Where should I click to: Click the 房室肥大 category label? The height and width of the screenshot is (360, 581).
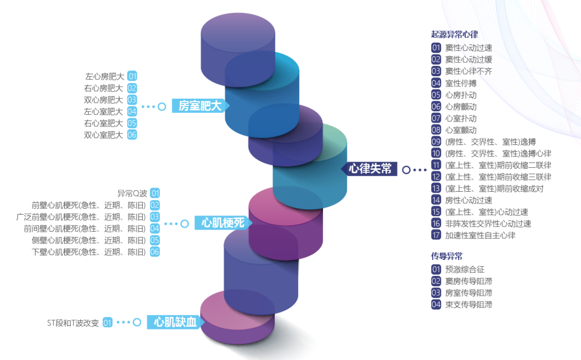coord(200,106)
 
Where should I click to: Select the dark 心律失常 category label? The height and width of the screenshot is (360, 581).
coord(369,169)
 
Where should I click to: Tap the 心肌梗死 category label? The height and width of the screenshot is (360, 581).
coord(223,222)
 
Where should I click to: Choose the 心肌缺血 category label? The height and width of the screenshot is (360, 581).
coord(175,322)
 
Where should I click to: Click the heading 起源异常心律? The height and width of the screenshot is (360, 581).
coord(455,34)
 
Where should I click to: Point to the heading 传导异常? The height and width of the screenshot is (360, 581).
coord(447,256)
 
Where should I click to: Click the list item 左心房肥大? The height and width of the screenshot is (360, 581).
coord(105,77)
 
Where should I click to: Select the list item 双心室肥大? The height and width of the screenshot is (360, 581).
coord(103,135)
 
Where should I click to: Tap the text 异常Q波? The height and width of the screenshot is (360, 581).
coord(132,194)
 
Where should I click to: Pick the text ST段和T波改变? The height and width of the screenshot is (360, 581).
coord(73,323)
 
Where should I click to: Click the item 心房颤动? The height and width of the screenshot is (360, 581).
coord(461,107)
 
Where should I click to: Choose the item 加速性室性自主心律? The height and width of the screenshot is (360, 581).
coord(480,235)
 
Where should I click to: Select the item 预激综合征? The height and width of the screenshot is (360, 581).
coord(465,270)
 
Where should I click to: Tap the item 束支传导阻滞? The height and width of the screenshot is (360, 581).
coord(469,305)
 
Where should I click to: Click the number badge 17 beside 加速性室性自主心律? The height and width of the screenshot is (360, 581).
coord(436,235)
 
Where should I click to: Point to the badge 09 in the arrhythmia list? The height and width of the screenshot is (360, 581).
coord(436,142)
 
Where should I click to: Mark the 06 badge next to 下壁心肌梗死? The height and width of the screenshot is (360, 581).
coord(155,252)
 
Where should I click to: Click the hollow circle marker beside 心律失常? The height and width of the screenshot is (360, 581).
coord(406,170)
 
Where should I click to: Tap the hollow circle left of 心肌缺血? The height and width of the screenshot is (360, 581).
coord(137,322)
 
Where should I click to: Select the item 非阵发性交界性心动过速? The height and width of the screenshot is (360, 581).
coord(488,224)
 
